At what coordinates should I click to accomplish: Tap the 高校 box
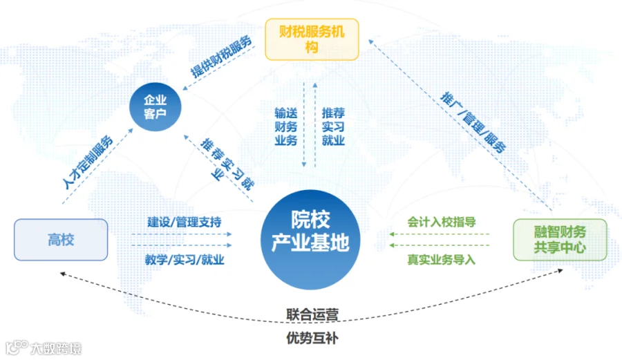pyautogui.click(x=61, y=240)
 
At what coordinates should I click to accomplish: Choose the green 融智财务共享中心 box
pyautogui.click(x=559, y=239)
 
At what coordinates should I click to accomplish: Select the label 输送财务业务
pyautogui.click(x=285, y=126)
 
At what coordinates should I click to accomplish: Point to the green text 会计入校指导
pyautogui.click(x=441, y=222)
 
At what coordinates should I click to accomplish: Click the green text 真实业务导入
pyautogui.click(x=441, y=260)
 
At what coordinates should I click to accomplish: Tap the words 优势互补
pyautogui.click(x=312, y=339)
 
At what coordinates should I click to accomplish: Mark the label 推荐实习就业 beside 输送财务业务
pyautogui.click(x=333, y=126)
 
